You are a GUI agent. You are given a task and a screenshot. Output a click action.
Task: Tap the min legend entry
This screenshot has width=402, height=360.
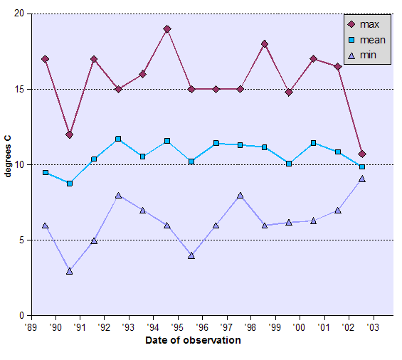point(364,55)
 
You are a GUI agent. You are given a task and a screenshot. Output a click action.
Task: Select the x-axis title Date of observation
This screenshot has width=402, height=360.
point(193,340)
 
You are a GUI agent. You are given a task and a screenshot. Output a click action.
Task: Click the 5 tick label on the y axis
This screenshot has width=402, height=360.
point(21,240)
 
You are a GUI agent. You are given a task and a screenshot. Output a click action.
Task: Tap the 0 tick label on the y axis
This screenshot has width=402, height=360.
point(21,316)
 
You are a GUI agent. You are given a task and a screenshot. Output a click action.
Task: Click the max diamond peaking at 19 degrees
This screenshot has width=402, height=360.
point(166,29)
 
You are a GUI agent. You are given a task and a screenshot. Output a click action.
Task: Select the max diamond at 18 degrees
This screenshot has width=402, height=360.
point(264,44)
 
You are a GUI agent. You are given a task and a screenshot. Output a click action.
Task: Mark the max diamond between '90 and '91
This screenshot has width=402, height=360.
point(69,134)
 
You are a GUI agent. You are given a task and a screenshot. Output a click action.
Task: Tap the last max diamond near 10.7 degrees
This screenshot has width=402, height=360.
point(362,154)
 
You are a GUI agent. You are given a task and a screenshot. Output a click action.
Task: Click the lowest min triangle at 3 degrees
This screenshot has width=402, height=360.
point(69,271)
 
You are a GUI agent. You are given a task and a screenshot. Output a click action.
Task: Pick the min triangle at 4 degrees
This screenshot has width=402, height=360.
point(191,255)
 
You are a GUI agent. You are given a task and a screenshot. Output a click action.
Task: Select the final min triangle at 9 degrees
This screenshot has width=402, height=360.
point(362,179)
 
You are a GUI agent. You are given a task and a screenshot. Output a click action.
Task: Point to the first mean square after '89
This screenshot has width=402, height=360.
point(45,173)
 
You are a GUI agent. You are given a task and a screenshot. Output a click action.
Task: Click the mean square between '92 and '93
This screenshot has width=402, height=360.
point(118,139)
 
